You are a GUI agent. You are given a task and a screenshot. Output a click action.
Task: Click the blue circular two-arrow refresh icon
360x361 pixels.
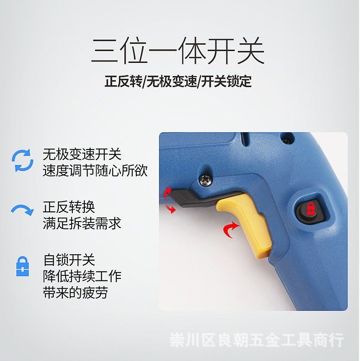tap(22, 160)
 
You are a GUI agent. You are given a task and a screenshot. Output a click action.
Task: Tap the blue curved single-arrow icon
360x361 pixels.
tap(22, 210)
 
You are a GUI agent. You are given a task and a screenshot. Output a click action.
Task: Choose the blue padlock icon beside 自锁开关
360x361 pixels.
tap(22, 266)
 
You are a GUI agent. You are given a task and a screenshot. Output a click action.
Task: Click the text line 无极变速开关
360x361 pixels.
tap(82, 154)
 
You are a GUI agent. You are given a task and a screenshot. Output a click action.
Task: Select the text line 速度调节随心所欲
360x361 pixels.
tap(95, 171)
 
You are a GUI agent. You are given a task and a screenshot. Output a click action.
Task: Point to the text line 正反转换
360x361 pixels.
tap(69, 207)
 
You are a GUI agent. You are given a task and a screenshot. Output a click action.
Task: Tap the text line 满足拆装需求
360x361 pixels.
tap(82, 224)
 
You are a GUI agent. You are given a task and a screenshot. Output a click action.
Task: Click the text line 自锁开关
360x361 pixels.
tap(69, 260)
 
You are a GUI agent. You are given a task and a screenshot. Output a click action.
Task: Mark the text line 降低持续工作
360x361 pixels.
tap(82, 276)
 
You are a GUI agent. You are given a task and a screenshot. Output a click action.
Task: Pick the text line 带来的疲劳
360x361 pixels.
tap(75, 293)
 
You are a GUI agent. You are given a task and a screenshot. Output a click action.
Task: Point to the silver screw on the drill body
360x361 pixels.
tap(206, 180)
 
